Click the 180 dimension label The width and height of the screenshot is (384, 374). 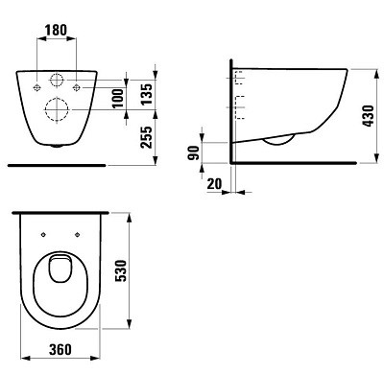pyautogui.click(x=56, y=30)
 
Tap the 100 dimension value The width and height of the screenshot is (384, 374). pyautogui.click(x=118, y=99)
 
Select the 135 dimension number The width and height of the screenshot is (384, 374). pyautogui.click(x=147, y=94)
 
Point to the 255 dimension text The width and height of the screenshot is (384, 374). pyautogui.click(x=147, y=137)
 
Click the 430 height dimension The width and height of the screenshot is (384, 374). pyautogui.click(x=369, y=116)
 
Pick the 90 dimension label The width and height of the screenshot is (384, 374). pyautogui.click(x=194, y=152)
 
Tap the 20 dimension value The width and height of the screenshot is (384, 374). pyautogui.click(x=214, y=184)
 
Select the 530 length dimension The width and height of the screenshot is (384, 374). pyautogui.click(x=121, y=271)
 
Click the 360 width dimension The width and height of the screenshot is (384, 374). pyautogui.click(x=60, y=349)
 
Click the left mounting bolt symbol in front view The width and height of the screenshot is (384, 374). pyautogui.click(x=37, y=87)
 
